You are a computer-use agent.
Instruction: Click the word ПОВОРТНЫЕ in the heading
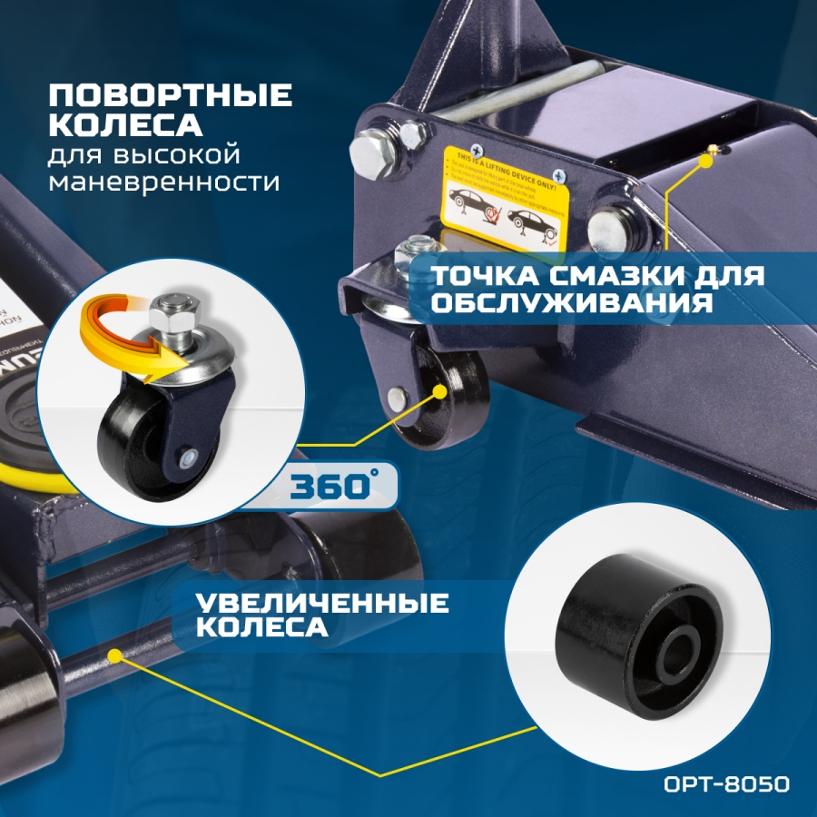click(x=171, y=94)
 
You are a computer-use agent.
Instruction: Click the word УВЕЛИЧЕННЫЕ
click(x=323, y=603)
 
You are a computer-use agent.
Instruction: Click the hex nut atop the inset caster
click(x=171, y=314)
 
